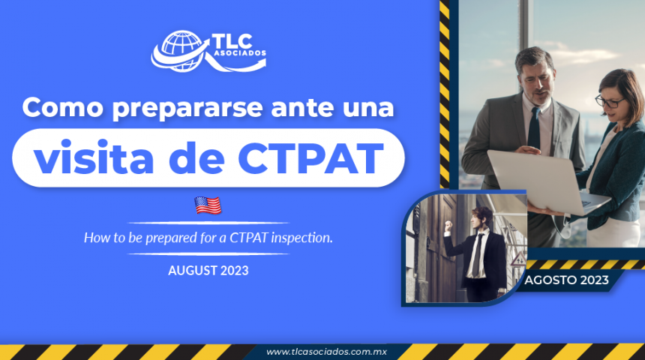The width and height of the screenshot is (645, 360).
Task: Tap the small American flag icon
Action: [x=208, y=205]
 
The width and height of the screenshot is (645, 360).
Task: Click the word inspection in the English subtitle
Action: [x=307, y=238]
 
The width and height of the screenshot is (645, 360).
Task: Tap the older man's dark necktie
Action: [x=534, y=128]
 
